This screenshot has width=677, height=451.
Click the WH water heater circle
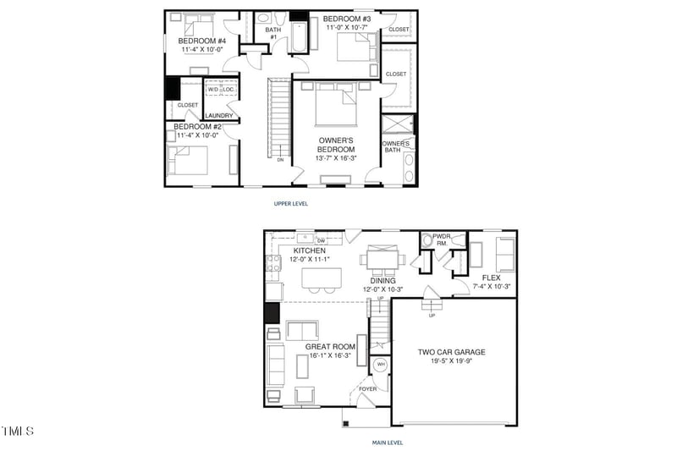pos(380,365)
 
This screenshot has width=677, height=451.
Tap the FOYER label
pos(369,389)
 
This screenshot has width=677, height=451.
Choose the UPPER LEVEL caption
pos(290,204)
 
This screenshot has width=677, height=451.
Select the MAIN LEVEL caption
pos(388,443)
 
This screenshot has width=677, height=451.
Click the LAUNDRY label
pos(218,116)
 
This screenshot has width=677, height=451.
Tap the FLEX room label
pos(492,278)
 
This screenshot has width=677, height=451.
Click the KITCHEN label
pos(310,251)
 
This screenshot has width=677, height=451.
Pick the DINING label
pos(383,280)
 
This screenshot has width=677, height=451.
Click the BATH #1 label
pos(273,32)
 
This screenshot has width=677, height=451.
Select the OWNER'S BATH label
pos(396,146)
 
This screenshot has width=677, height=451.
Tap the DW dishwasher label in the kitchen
pos(321,241)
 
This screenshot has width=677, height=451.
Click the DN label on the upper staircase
pos(280,159)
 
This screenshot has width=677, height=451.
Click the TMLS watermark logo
pos(18,432)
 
